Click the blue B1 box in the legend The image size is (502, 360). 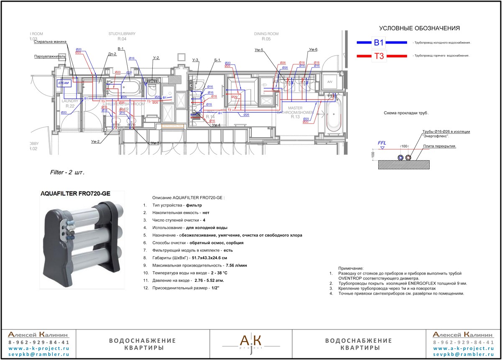pos(379,42)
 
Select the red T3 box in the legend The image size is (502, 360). pos(379,56)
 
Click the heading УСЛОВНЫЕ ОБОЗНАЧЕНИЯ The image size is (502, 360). pos(419,28)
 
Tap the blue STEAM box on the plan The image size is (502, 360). pos(64,83)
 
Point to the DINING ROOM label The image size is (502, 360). pos(266,34)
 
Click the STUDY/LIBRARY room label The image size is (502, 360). pos(121,34)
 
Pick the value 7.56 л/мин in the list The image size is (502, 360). pos(236,265)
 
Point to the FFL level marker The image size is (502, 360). pos(382,143)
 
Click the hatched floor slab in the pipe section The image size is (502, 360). pos(404,165)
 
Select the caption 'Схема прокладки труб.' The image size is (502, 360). pos(406,113)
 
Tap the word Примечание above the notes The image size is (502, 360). pos(351,268)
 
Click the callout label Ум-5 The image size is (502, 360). pos(259,50)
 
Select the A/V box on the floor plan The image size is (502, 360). pos(329,82)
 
